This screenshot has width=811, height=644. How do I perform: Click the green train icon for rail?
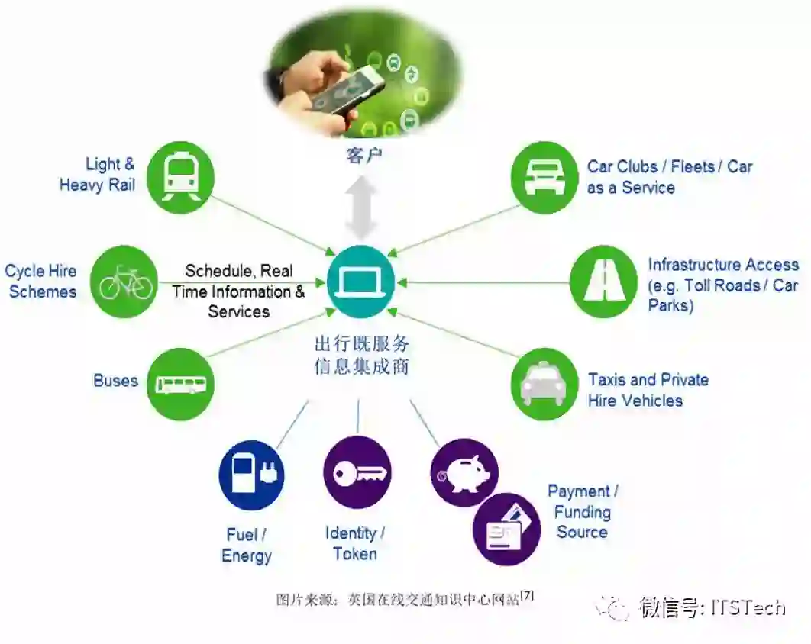point(179,175)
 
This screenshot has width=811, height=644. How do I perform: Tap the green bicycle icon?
point(125,282)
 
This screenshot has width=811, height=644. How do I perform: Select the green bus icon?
point(179,384)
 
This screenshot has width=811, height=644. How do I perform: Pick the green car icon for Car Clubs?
point(543,176)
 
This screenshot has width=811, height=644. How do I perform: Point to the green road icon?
point(603,282)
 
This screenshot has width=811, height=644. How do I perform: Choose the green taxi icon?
point(543,384)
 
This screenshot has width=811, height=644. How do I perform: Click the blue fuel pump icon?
point(251,474)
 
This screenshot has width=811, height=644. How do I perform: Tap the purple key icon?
point(357,472)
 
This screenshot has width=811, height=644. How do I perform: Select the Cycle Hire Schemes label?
point(41,282)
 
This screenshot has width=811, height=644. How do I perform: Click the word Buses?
point(115,381)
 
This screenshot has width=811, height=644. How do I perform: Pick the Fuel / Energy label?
point(246,545)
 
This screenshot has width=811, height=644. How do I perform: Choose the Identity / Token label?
point(355,543)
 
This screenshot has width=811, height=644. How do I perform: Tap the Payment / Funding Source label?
point(583,512)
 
